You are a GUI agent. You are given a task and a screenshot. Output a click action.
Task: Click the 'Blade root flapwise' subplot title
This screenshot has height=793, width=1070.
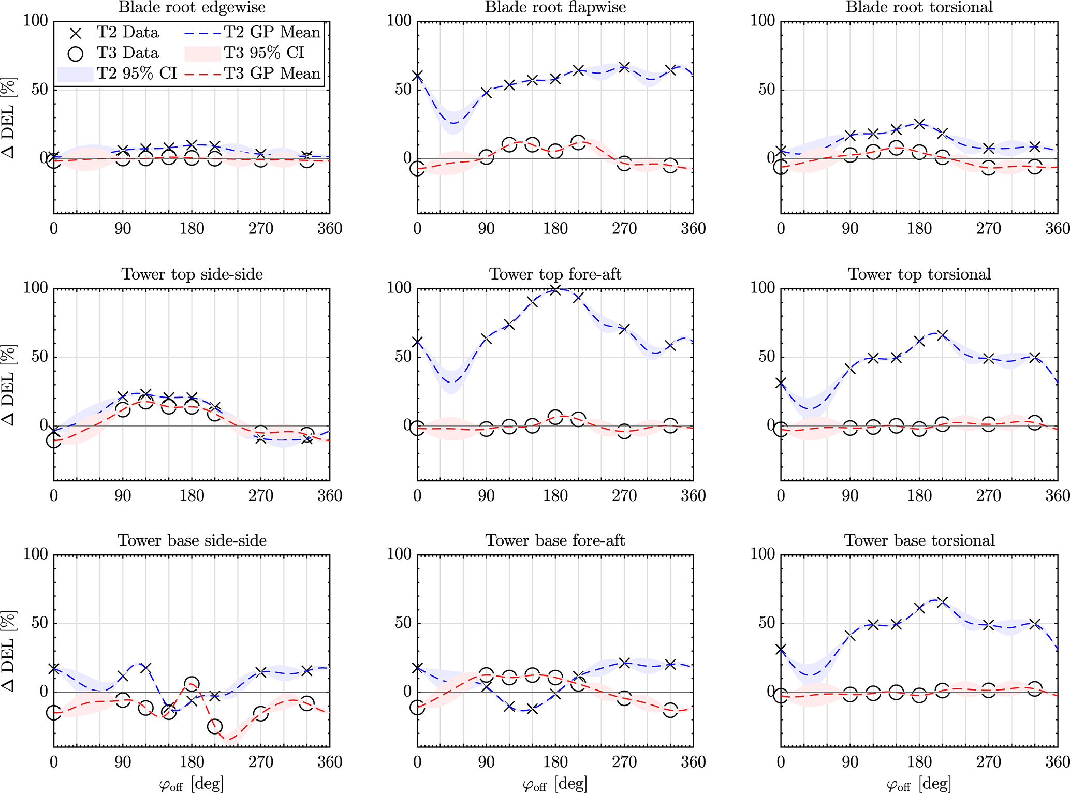tap(555, 7)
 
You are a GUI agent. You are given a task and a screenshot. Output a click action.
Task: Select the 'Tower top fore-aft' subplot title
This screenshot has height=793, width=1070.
tap(555, 274)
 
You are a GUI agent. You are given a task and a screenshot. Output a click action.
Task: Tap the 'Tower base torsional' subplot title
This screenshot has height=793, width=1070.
tap(919, 540)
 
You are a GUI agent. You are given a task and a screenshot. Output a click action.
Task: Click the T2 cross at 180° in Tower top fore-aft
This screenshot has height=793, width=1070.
tap(555, 290)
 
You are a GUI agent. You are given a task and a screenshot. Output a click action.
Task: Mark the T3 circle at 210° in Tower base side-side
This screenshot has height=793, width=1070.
tap(215, 727)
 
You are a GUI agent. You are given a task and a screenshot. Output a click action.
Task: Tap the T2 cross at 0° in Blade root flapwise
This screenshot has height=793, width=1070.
tap(417, 76)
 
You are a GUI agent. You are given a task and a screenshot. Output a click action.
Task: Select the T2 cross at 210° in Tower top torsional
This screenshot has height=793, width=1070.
tap(942, 335)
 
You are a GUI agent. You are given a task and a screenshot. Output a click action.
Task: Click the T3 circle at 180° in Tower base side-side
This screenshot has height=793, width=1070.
tap(192, 684)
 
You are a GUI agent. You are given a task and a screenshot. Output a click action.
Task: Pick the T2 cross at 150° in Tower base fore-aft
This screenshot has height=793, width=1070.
tap(532, 709)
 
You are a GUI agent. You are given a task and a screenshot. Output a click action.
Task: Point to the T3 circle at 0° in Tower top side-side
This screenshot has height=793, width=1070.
tap(54, 440)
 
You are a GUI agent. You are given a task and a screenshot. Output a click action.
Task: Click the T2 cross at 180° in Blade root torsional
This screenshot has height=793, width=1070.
tap(919, 124)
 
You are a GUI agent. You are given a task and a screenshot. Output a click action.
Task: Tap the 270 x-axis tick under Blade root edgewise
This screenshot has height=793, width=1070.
tap(261, 229)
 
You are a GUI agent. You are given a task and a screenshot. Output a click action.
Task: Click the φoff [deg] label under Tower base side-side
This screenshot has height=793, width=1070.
tap(192, 785)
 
